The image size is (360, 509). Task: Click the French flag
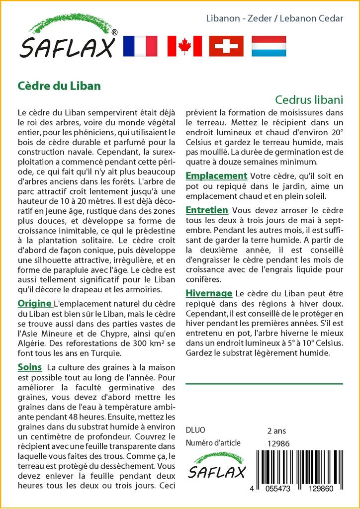(140, 46)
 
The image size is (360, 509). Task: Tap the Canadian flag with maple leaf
(184, 46)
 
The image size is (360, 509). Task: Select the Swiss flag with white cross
(226, 46)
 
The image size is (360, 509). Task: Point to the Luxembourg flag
(269, 46)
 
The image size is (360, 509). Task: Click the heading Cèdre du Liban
(59, 85)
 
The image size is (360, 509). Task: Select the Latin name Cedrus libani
(309, 99)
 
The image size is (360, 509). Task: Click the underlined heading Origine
(35, 303)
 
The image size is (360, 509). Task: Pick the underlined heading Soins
(30, 367)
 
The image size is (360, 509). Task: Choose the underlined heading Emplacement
(216, 175)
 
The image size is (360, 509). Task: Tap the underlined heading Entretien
(207, 210)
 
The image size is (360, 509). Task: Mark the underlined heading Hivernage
(209, 293)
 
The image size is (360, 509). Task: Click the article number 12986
(278, 443)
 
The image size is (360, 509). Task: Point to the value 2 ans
(276, 430)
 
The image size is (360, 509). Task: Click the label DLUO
(195, 430)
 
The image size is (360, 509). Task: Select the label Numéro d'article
(213, 443)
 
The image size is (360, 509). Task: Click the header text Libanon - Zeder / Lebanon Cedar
(274, 18)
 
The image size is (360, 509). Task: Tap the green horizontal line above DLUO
(264, 384)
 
